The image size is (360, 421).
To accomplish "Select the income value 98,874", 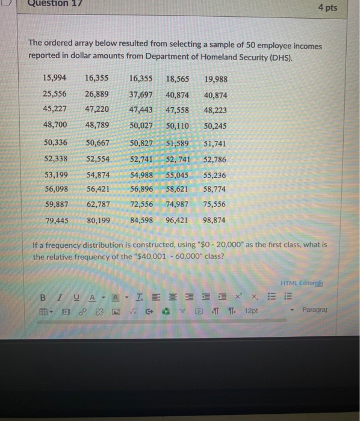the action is [215, 220].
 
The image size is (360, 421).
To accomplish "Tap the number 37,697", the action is [141, 94].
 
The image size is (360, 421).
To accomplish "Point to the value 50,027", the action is [141, 125].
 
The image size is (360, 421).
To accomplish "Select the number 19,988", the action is [216, 79].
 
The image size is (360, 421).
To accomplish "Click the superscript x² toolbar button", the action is [238, 297].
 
